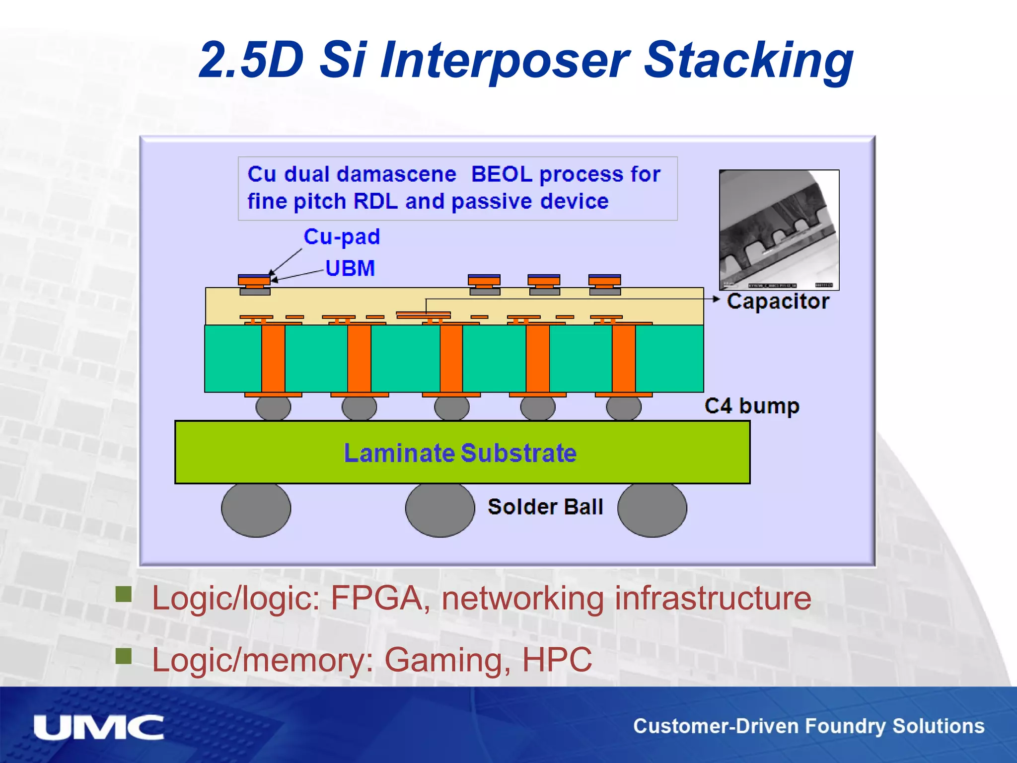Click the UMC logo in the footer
pos(98,727)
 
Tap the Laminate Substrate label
pos(460,453)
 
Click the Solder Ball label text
pos(545,507)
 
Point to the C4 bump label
pos(752,406)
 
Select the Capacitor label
pos(778,302)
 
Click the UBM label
pos(350,268)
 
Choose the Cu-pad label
pos(342,237)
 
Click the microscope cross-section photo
pos(779,229)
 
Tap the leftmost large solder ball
pos(256,509)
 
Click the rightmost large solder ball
pos(652,509)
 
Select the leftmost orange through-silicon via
pos(273,358)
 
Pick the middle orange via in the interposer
pos(451,358)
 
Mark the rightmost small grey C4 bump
pos(624,408)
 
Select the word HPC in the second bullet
pos(557,660)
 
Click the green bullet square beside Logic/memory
pos(124,656)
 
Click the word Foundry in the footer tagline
pos(845,726)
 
